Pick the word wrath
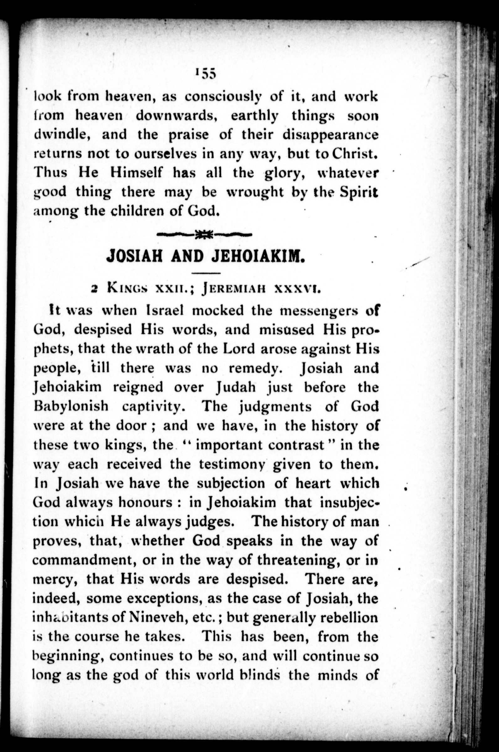coord(148,349)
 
